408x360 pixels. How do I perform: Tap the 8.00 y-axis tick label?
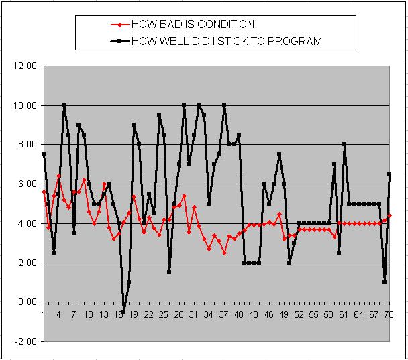[x=25, y=145]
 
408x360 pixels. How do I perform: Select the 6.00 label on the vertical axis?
[x=25, y=184]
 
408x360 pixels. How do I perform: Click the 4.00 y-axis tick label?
[x=25, y=223]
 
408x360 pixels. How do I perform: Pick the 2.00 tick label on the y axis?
[x=25, y=263]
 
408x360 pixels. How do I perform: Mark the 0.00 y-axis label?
[x=25, y=302]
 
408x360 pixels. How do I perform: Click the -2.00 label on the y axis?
[x=24, y=341]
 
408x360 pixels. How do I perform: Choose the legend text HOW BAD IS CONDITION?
[x=193, y=25]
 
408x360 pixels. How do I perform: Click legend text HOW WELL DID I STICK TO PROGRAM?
[x=227, y=41]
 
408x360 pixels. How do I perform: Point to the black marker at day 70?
[x=389, y=174]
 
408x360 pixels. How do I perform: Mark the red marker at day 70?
[x=389, y=215]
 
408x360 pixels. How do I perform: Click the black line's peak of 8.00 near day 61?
[x=344, y=144]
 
